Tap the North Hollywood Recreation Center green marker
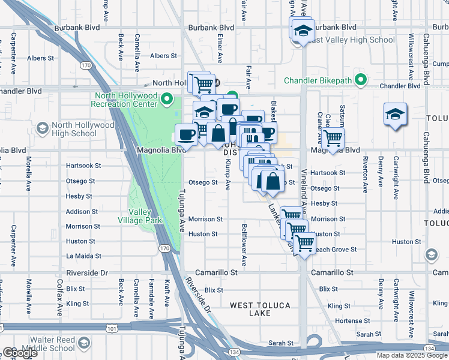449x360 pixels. pos(168,100)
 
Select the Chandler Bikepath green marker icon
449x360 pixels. pos(360,79)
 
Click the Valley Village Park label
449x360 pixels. pos(145,216)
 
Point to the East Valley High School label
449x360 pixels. pos(354,40)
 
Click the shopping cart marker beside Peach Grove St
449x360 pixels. pos(305,242)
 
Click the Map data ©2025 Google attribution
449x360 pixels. pos(411,355)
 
